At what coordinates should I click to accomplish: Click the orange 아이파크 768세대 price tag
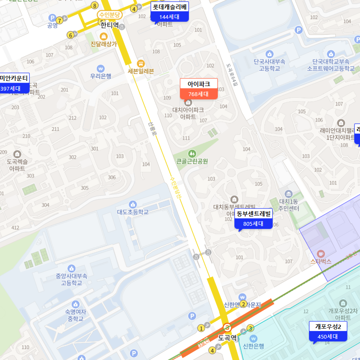coord(199,89)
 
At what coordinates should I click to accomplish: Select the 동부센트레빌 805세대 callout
coord(254,219)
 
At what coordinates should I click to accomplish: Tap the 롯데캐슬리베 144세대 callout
coord(170,12)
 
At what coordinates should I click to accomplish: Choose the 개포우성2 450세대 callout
coord(329,331)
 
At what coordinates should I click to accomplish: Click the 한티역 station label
coord(109,25)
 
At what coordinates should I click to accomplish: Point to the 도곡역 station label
coord(228,337)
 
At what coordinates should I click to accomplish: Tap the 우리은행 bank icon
coord(101,68)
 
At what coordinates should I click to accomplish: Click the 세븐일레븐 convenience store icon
coord(141,63)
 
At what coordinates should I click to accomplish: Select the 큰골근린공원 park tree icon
coord(192,154)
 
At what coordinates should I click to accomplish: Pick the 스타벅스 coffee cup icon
coord(321,253)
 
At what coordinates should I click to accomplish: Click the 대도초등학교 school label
coord(133,212)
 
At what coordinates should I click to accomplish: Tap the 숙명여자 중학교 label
coord(75,315)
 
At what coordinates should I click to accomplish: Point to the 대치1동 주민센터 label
coord(289,205)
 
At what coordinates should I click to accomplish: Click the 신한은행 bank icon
coord(253,338)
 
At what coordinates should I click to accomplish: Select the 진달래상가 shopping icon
coord(104,37)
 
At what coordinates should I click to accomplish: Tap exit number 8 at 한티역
coord(95,5)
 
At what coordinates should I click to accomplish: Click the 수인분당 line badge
coord(109,15)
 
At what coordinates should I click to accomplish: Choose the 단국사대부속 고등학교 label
coord(269,65)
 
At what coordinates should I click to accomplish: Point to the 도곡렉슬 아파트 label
coord(17,164)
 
